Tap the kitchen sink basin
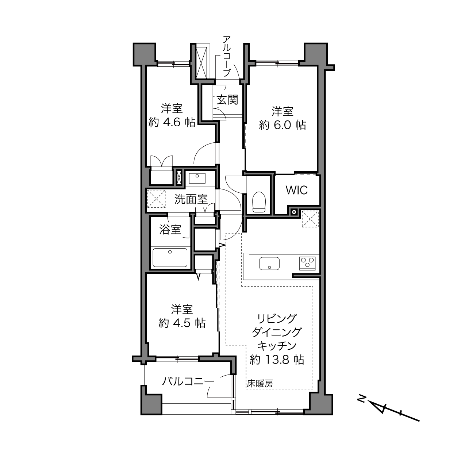click(x=269, y=264)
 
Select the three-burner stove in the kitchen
click(x=307, y=263)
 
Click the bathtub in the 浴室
click(x=170, y=258)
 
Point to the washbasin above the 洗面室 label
click(x=197, y=178)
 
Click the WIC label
click(x=297, y=190)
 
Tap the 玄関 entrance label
click(x=227, y=100)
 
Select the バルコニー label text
click(x=188, y=381)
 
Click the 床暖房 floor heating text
click(x=260, y=384)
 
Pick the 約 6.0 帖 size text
click(x=282, y=125)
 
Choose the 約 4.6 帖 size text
click(x=172, y=122)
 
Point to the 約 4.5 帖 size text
click(x=182, y=323)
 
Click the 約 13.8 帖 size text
click(x=277, y=360)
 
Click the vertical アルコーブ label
click(x=227, y=56)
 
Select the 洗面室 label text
click(x=191, y=199)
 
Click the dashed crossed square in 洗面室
click(x=156, y=199)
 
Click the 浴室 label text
click(x=170, y=229)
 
